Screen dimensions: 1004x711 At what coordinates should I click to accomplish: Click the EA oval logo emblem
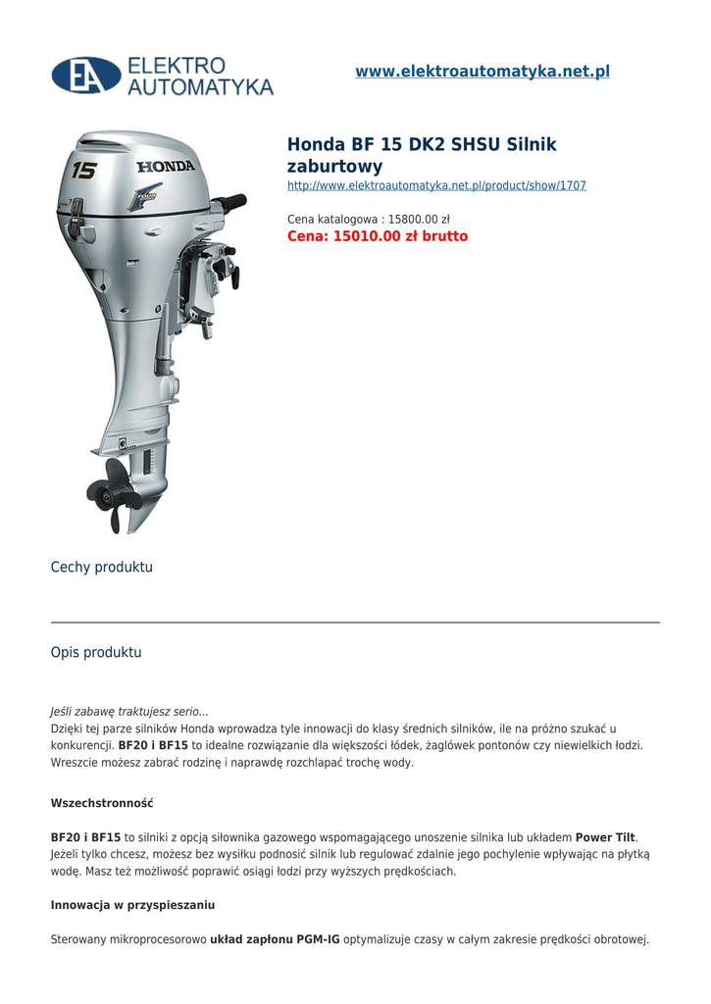click(86, 75)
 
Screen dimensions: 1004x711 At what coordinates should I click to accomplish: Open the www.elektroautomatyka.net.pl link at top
click(482, 72)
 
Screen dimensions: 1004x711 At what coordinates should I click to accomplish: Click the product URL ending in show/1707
click(436, 185)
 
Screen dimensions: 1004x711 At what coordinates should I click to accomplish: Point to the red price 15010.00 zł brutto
click(378, 236)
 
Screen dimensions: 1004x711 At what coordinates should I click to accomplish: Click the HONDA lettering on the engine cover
click(166, 166)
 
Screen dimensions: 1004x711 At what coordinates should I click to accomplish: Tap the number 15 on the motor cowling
click(84, 171)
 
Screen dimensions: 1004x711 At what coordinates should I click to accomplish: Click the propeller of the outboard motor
click(114, 495)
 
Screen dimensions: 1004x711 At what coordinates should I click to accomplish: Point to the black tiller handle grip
click(230, 203)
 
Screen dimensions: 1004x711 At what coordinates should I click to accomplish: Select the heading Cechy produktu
click(102, 568)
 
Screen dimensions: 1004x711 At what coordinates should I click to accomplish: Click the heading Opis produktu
click(96, 652)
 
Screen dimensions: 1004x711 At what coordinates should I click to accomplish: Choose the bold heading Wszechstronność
click(102, 803)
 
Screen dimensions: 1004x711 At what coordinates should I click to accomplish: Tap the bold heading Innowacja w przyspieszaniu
click(132, 905)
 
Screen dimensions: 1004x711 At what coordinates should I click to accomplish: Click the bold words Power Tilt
click(605, 837)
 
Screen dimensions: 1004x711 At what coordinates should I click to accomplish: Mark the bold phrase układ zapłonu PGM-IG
click(275, 939)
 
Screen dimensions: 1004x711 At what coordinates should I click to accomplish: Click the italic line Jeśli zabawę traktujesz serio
click(129, 712)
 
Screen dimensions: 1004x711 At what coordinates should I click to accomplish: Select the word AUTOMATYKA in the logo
click(200, 87)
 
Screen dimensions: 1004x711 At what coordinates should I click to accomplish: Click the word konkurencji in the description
click(81, 745)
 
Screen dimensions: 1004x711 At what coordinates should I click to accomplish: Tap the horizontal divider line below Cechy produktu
click(355, 622)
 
